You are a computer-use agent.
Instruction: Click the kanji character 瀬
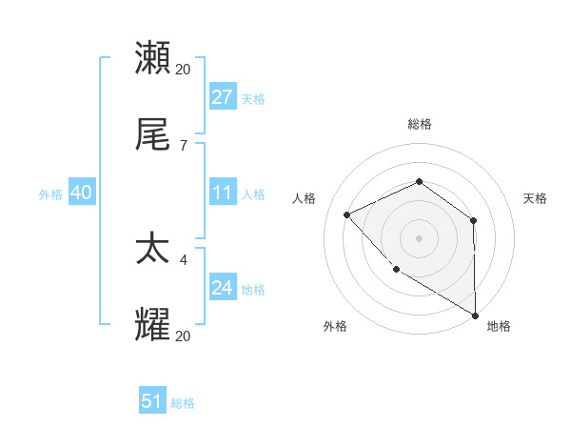(153, 59)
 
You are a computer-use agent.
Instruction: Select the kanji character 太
(153, 250)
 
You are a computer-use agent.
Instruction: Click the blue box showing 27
(222, 96)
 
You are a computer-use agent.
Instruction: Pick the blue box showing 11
(222, 193)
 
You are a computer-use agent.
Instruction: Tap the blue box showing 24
(222, 288)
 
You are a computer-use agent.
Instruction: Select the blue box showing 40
(81, 193)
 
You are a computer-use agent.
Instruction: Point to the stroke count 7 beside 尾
(183, 145)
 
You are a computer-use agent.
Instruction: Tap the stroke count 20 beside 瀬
(184, 69)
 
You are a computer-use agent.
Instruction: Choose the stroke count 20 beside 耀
(184, 336)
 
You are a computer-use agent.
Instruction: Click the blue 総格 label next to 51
(183, 403)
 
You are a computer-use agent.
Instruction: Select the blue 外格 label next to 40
(50, 193)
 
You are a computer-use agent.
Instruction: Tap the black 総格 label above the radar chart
(420, 124)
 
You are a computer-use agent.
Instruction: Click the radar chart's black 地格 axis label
(499, 326)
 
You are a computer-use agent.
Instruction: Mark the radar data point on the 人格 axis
(347, 214)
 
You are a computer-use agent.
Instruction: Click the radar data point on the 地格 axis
(475, 315)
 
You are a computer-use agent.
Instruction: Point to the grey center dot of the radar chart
(419, 237)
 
